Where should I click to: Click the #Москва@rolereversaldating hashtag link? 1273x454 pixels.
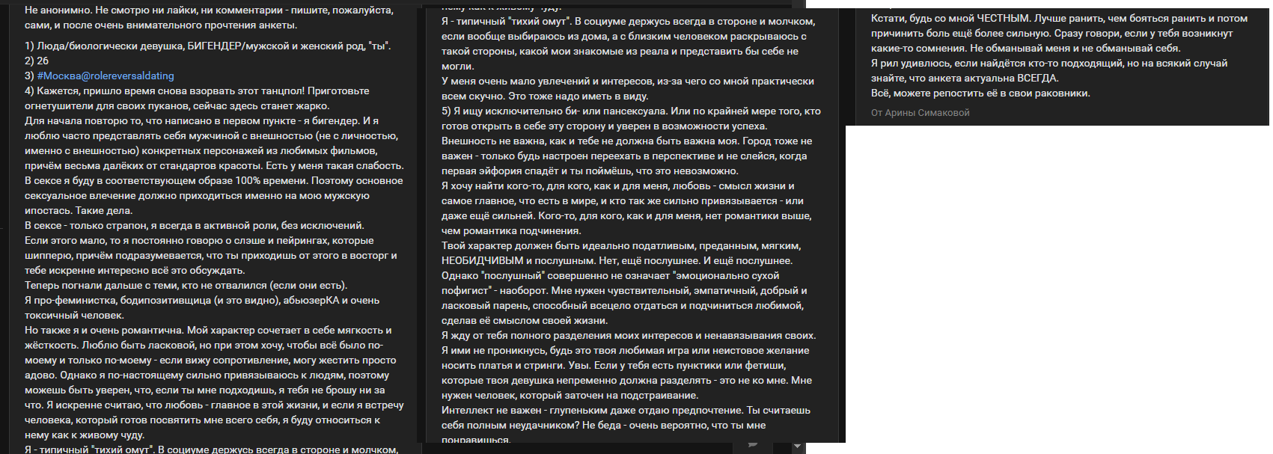tap(106, 76)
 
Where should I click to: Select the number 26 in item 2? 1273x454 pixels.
tap(43, 61)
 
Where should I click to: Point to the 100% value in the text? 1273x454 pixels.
tap(247, 180)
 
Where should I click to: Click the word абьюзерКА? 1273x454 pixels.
tap(314, 300)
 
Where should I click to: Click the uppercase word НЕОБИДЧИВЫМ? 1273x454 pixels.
tap(482, 260)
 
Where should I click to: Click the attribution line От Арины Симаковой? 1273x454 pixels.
tap(920, 113)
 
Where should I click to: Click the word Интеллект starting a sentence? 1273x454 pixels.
tap(465, 410)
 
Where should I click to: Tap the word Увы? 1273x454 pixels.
tap(579, 365)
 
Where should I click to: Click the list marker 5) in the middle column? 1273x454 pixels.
tap(446, 111)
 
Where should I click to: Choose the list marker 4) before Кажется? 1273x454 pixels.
tap(29, 91)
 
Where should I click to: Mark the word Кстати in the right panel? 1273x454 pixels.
tap(888, 18)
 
